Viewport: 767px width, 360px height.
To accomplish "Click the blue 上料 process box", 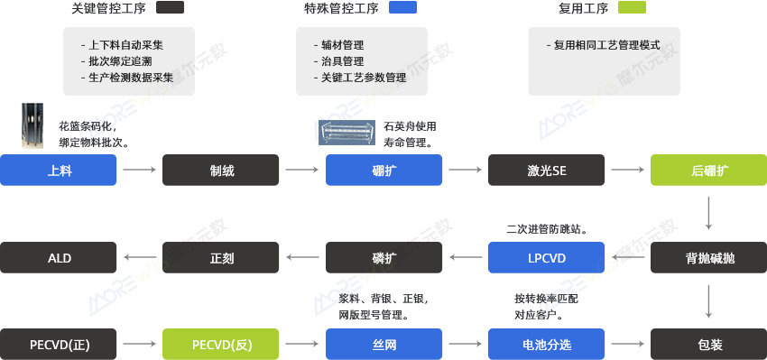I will coord(59,170).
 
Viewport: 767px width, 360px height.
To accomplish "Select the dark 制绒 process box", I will coord(221,170).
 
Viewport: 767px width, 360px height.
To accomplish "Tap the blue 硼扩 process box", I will coord(383,170).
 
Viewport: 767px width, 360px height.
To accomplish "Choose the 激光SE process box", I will coord(547,170).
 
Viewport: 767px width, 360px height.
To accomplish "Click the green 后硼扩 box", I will coord(709,170).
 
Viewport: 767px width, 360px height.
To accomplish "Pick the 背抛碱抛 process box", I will coord(709,258).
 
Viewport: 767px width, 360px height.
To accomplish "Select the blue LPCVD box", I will coord(547,258).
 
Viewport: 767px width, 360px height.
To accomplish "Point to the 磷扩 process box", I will coord(383,258).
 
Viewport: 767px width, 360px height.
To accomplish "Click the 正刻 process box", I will coord(221,258).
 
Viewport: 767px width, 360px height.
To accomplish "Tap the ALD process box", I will coord(59,258).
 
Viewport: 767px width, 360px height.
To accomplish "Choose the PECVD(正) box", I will coord(59,344).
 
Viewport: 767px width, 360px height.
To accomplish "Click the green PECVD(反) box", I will coord(221,344).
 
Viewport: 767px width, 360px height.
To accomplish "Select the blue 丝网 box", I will coord(383,344).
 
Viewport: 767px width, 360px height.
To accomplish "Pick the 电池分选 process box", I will coord(547,344).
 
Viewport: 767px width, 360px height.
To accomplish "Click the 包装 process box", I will coord(709,344).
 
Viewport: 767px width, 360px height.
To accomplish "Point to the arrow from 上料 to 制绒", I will coord(139,170).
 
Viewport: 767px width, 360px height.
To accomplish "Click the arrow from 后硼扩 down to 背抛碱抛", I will coord(709,213).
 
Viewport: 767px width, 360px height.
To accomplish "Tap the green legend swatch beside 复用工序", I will coord(633,8).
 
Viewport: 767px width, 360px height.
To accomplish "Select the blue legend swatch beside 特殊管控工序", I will coord(402,8).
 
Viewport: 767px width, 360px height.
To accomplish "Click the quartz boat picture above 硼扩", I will coord(347,133).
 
